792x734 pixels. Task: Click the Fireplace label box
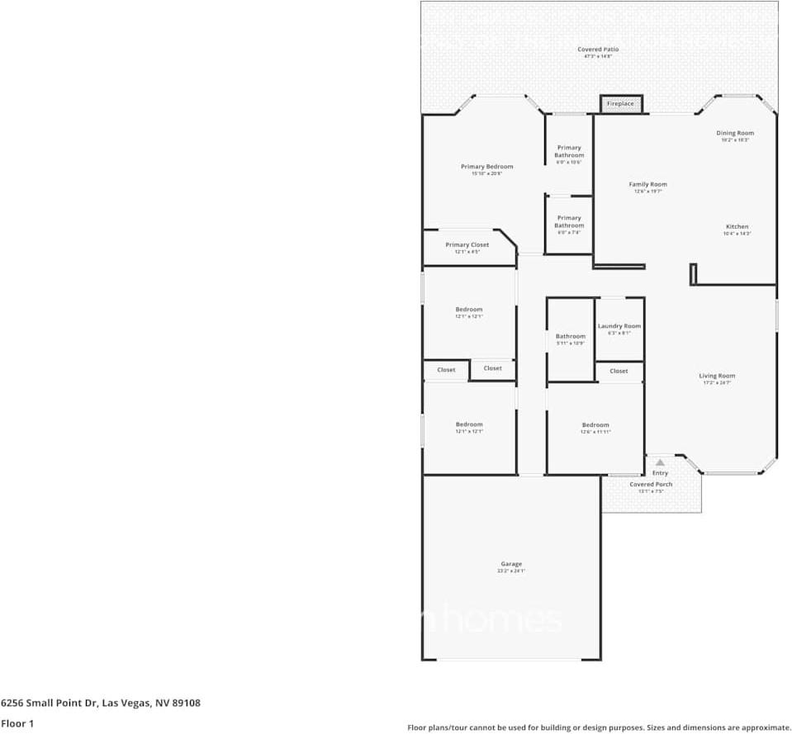[x=620, y=104]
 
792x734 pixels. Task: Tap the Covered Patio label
[x=598, y=50]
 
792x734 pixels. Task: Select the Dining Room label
[x=734, y=133]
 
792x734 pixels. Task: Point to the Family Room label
[x=647, y=185]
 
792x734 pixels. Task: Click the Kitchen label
[x=737, y=227]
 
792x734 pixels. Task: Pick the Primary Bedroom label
[x=486, y=167]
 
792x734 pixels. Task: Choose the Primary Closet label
[x=467, y=245]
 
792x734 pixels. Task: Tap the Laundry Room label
[x=619, y=326]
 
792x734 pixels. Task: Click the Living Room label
[x=716, y=376]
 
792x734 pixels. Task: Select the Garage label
[x=510, y=564]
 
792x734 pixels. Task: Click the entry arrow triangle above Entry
[x=660, y=463]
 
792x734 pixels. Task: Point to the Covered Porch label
[x=651, y=485]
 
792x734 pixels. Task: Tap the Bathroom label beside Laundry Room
[x=570, y=336]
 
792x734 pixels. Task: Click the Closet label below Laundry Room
[x=619, y=372]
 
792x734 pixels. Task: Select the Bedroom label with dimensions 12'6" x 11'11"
[x=595, y=425]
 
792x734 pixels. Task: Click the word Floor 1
[x=17, y=724]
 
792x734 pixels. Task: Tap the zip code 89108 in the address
[x=185, y=703]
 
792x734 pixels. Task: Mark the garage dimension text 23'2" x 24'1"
[x=510, y=571]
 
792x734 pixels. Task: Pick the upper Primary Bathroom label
[x=569, y=151]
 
